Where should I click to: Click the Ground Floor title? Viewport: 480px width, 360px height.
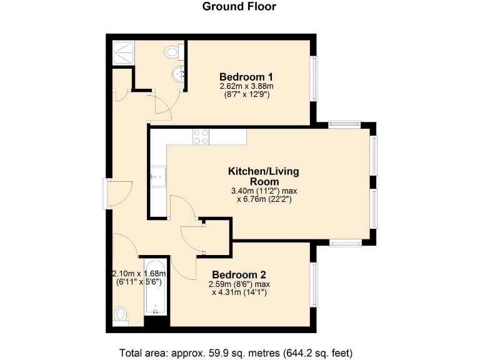[239, 7]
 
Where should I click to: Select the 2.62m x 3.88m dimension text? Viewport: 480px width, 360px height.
[247, 86]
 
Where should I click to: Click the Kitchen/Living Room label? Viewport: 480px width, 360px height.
[263, 176]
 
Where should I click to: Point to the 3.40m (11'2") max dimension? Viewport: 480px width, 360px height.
[263, 191]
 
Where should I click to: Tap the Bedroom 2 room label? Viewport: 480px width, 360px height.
[239, 275]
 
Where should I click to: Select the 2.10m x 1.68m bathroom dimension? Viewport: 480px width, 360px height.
[139, 274]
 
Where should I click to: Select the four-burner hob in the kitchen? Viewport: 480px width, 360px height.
[201, 136]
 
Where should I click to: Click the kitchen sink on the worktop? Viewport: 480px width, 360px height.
[156, 177]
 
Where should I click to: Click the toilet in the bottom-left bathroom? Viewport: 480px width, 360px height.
[121, 314]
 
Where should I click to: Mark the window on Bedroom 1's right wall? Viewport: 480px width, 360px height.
[314, 78]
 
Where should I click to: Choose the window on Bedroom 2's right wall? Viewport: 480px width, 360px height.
[314, 284]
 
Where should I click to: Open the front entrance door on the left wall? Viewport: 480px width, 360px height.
[108, 194]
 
